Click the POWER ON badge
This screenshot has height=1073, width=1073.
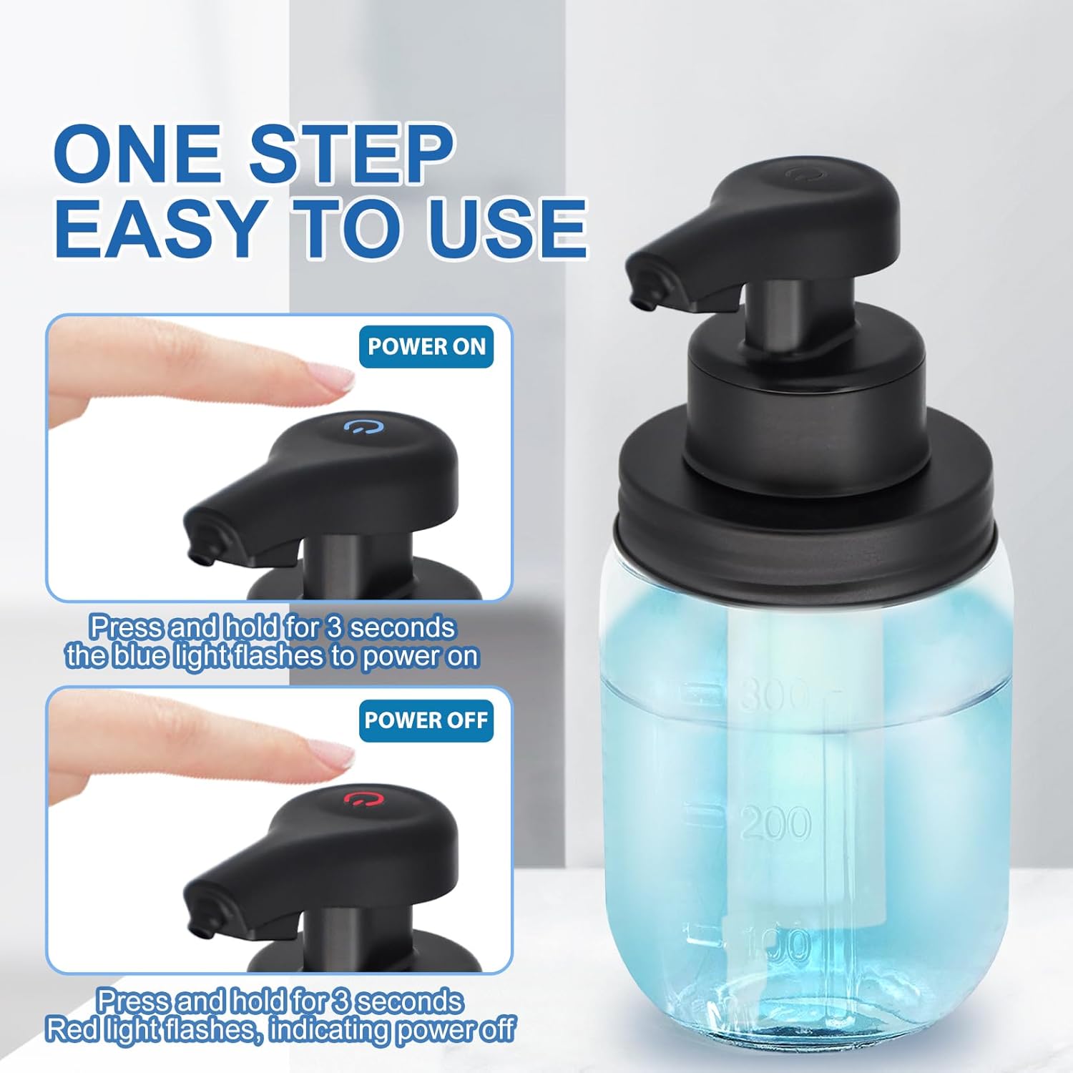pos(426,347)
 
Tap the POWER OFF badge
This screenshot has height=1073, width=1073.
pos(426,720)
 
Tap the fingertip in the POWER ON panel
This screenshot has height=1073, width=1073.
pos(336,380)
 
